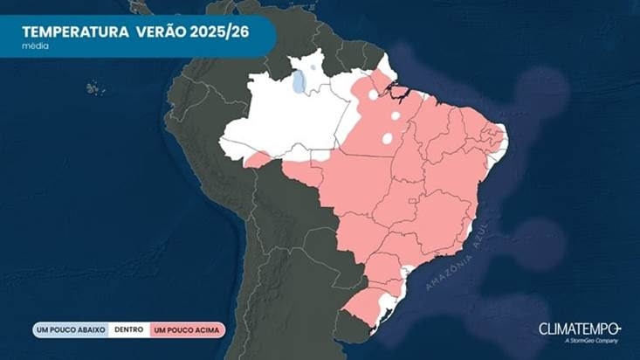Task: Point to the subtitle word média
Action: pos(36,45)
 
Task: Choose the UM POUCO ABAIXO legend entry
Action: pos(70,330)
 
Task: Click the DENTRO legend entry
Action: pos(128,330)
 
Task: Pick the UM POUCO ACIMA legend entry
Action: pos(187,330)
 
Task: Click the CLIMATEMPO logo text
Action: pos(580,329)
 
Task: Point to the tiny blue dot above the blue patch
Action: pos(313,66)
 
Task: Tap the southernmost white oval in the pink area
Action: pos(387,138)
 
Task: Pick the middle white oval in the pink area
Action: pos(396,114)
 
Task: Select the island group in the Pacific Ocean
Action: pos(94,87)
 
